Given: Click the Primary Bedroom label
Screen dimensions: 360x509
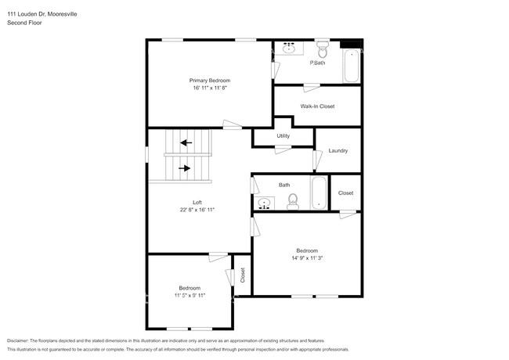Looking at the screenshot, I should [x=209, y=80].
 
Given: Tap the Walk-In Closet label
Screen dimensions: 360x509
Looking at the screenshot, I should [x=317, y=106].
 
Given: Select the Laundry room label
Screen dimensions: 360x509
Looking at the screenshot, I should [x=338, y=150].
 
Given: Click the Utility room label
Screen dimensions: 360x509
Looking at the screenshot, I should [x=283, y=136].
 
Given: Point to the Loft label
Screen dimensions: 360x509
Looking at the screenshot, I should [x=197, y=202].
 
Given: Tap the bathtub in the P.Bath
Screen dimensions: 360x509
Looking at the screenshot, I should [x=352, y=66].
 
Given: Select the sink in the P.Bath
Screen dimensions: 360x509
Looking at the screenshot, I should [x=289, y=48].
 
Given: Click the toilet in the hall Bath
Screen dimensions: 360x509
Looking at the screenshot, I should [x=292, y=203].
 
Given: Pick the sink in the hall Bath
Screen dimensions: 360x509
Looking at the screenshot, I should [x=265, y=203].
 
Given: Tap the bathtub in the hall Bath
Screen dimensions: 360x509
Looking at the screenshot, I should [x=318, y=193].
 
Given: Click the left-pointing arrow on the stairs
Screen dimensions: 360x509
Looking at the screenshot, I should [x=185, y=142].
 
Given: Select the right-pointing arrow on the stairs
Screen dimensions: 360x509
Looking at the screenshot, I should [x=185, y=167].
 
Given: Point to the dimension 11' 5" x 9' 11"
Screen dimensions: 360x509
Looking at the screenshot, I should [x=189, y=296].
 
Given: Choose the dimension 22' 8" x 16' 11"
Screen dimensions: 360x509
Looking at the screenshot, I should [x=197, y=210].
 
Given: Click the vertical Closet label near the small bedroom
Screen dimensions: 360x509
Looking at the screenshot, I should [x=243, y=275].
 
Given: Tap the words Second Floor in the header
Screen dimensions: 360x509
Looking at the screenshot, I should [x=24, y=23].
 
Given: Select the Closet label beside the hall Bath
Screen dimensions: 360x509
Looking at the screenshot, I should [x=345, y=193].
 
